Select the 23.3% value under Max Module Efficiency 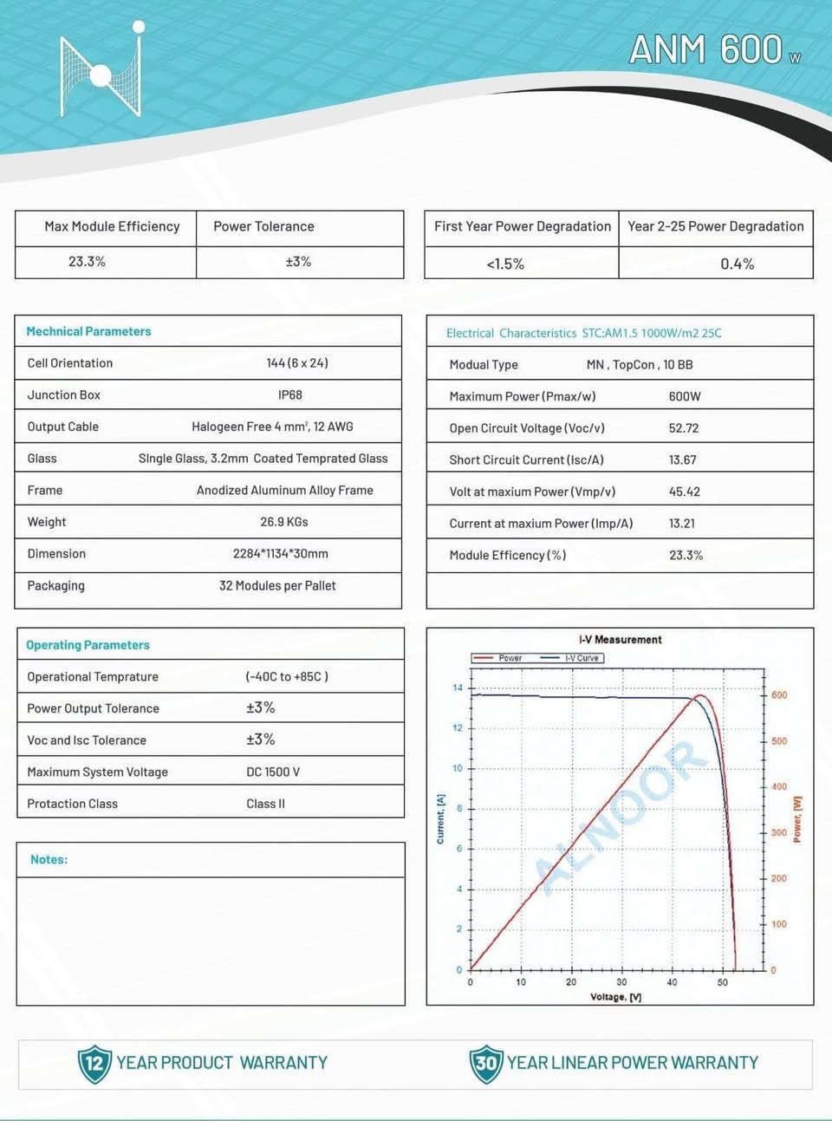(x=87, y=262)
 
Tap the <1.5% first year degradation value (x=505, y=264)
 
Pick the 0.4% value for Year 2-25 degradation (x=737, y=264)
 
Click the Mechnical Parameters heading (x=88, y=331)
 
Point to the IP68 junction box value (x=290, y=395)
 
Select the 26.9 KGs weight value (x=284, y=522)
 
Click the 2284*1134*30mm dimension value (x=281, y=554)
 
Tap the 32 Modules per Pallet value (x=277, y=586)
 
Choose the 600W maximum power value (x=685, y=396)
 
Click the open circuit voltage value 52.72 (x=684, y=428)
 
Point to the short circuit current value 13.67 (x=683, y=460)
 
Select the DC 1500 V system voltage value (x=273, y=772)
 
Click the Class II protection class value (x=265, y=804)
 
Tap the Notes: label (x=49, y=859)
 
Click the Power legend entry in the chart (x=498, y=658)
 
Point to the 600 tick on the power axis (x=779, y=695)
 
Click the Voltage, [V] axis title (x=615, y=997)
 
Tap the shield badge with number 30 (x=486, y=1063)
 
